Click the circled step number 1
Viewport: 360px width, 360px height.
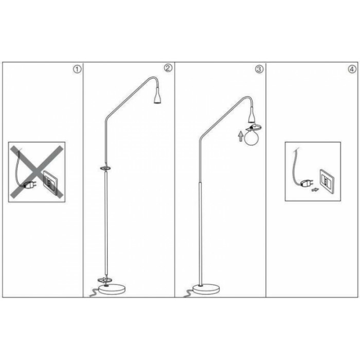77,69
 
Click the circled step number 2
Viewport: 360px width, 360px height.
168,68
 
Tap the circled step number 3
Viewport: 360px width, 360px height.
259,69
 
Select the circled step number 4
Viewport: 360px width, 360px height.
352,69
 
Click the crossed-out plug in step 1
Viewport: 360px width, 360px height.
29,185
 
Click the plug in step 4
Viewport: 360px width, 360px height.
307,184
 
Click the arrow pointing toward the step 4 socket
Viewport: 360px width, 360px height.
315,190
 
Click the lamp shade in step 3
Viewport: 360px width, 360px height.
252,116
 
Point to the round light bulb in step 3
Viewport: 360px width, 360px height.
251,138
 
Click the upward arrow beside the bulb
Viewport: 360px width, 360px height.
241,136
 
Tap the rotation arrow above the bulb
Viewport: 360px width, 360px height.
254,127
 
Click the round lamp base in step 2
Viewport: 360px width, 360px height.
112,289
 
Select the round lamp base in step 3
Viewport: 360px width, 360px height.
206,289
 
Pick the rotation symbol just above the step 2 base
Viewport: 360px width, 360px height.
105,280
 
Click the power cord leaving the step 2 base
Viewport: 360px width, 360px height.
94,293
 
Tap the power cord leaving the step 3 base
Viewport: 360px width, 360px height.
188,293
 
